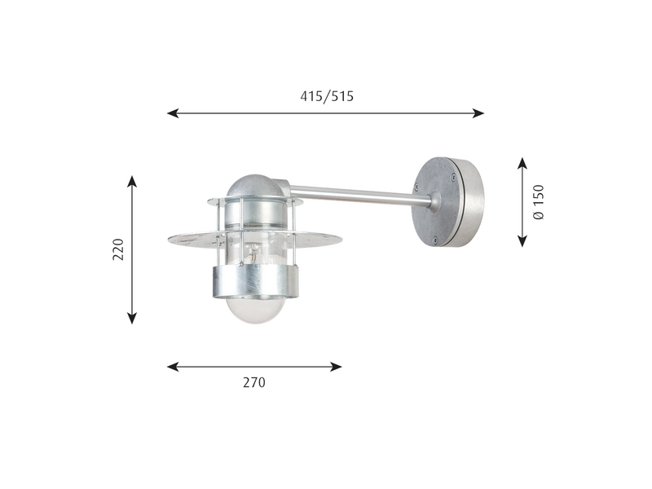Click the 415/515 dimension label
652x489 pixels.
327,96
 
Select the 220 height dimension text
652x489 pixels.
118,249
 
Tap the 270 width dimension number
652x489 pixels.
254,382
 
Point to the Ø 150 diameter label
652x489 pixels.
539,202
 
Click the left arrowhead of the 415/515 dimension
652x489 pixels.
173,112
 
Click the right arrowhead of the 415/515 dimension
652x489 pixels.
478,112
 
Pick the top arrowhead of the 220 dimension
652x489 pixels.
132,182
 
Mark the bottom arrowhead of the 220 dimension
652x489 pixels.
132,318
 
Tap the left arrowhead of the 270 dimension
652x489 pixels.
173,367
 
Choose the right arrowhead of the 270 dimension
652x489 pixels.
336,367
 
